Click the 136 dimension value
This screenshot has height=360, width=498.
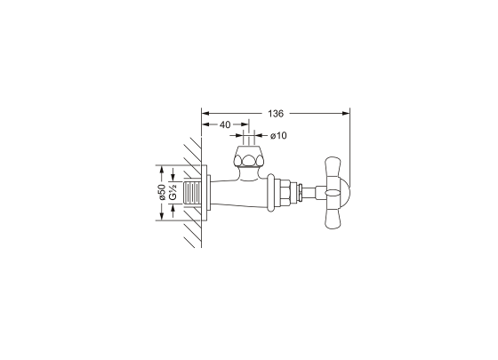(276, 114)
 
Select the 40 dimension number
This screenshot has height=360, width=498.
(225, 124)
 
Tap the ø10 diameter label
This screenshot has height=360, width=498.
(278, 136)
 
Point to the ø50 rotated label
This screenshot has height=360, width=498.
(162, 192)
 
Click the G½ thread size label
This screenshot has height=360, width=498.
(173, 192)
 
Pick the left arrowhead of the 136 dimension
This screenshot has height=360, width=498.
(205, 114)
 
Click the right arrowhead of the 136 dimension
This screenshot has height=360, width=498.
(346, 114)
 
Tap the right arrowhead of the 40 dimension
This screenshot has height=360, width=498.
(245, 124)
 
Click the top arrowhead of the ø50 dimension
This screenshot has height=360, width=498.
(162, 170)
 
